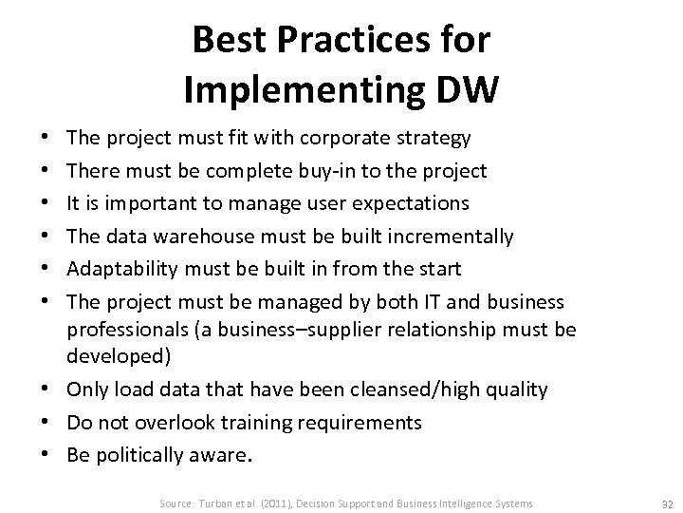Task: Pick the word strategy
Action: coord(433,139)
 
